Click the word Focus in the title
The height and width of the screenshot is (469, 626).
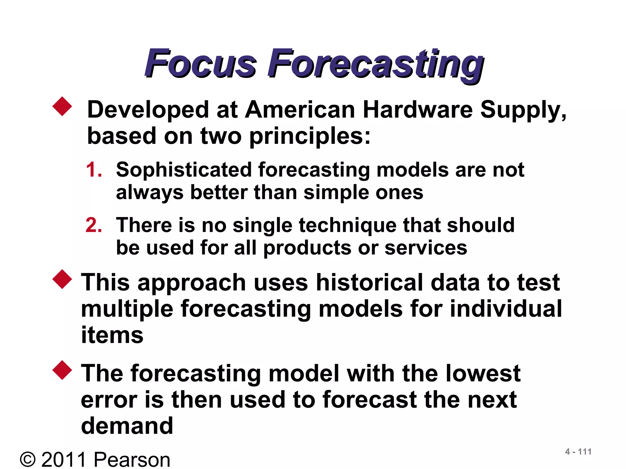pos(200,63)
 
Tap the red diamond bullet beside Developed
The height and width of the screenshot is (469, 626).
pos(62,107)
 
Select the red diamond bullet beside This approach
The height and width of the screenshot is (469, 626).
pos(62,279)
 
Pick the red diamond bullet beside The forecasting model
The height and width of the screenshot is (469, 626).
pos(62,370)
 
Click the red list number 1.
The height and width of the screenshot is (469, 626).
pos(94,170)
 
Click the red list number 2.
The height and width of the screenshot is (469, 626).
pos(94,225)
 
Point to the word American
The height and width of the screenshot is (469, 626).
pos(300,110)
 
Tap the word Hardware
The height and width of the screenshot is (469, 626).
pos(418,110)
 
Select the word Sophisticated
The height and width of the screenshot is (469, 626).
pos(184,170)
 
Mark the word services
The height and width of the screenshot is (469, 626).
pos(425,247)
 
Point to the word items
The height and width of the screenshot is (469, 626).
pos(112,335)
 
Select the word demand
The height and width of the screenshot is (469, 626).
pos(127,426)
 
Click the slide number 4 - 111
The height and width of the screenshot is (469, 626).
pos(578,452)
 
